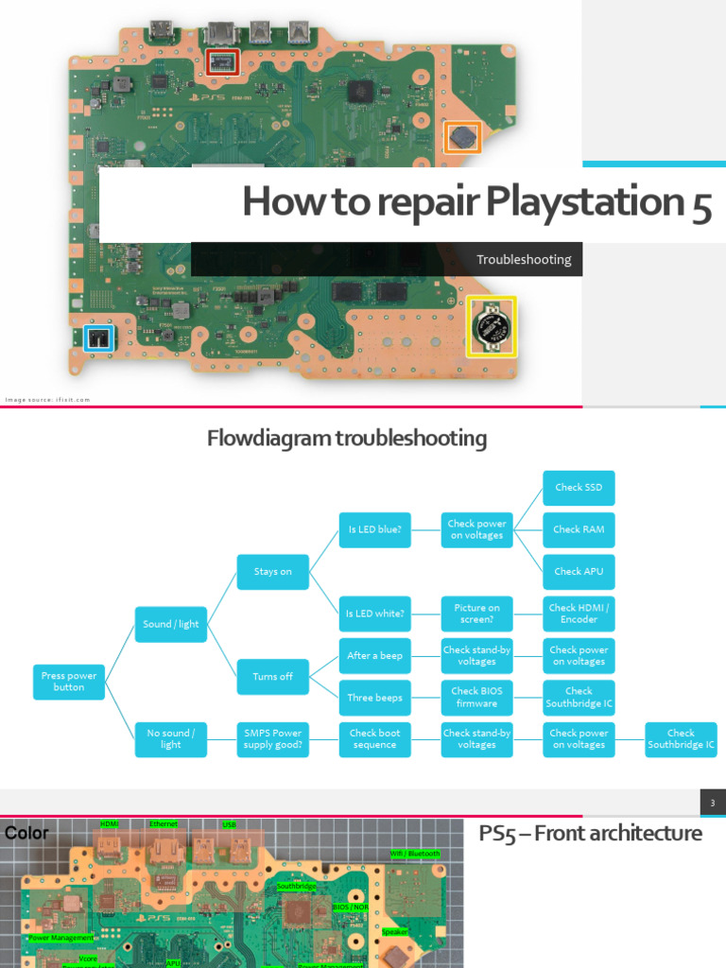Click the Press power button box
[x=69, y=682]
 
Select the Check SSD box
[x=579, y=488]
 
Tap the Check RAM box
[x=579, y=529]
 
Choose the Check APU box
[x=579, y=571]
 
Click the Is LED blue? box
[x=374, y=529]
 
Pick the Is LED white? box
[x=374, y=614]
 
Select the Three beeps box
[x=374, y=698]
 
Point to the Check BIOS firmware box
[x=476, y=698]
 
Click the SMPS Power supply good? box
[x=272, y=738]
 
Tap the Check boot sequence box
[x=374, y=738]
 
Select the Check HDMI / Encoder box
[x=579, y=614]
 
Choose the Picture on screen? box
[x=476, y=614]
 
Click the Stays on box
[x=272, y=572]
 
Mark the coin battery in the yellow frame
[x=492, y=326]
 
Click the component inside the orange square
[x=462, y=137]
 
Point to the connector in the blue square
[x=97, y=338]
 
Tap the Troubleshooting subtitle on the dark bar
[x=524, y=259]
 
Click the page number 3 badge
[x=713, y=804]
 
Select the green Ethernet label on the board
[x=164, y=824]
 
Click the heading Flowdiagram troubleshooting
[x=347, y=439]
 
